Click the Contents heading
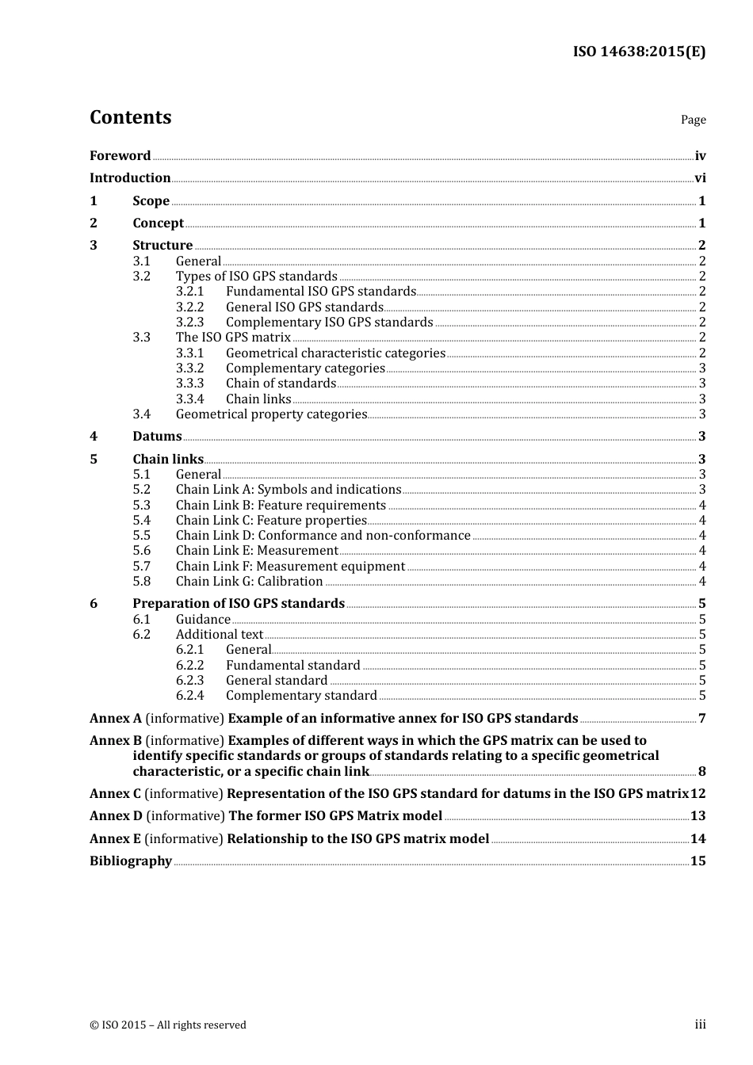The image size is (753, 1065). pos(130,117)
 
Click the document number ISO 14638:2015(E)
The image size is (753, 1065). pos(639,52)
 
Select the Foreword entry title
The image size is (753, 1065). pos(120,156)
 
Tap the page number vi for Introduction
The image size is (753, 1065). pos(700,178)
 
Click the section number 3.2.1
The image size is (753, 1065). pos(189,292)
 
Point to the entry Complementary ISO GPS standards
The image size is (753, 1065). pos(329,323)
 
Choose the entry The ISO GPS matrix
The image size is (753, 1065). pos(233,338)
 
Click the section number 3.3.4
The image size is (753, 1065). pos(189,399)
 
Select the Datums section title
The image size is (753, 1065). pos(157,437)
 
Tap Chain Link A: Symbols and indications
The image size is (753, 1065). pos(289,490)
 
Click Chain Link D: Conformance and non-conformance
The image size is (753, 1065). pos(323,536)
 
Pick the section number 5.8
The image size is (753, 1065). pos(141,582)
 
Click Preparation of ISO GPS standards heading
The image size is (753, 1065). pos(239,604)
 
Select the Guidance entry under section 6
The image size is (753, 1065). pos(203,620)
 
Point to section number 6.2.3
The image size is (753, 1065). pos(189,681)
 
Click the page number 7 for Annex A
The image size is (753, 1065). pos(701,719)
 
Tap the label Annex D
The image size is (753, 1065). pos(116,816)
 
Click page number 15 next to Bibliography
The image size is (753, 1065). pos(698,861)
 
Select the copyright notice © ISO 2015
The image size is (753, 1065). pos(167,1025)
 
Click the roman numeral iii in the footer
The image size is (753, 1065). pos(700,1025)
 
